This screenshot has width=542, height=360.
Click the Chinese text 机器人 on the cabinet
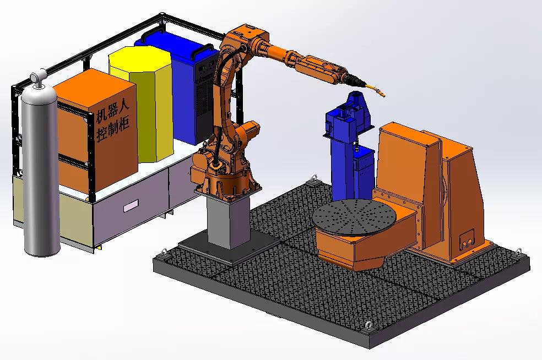click(x=112, y=112)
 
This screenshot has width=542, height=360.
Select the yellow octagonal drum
click(x=141, y=103)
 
